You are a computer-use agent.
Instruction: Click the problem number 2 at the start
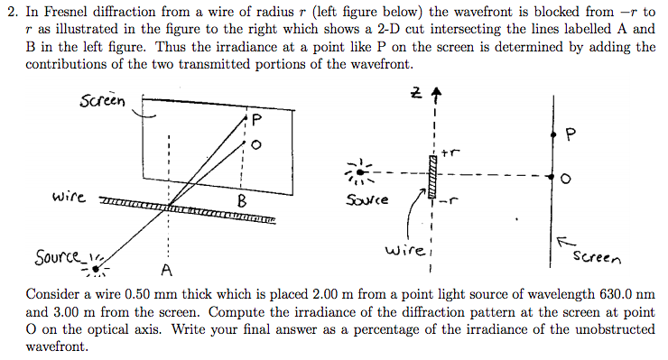tap(11, 10)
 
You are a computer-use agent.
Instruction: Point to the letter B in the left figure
tap(241, 199)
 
